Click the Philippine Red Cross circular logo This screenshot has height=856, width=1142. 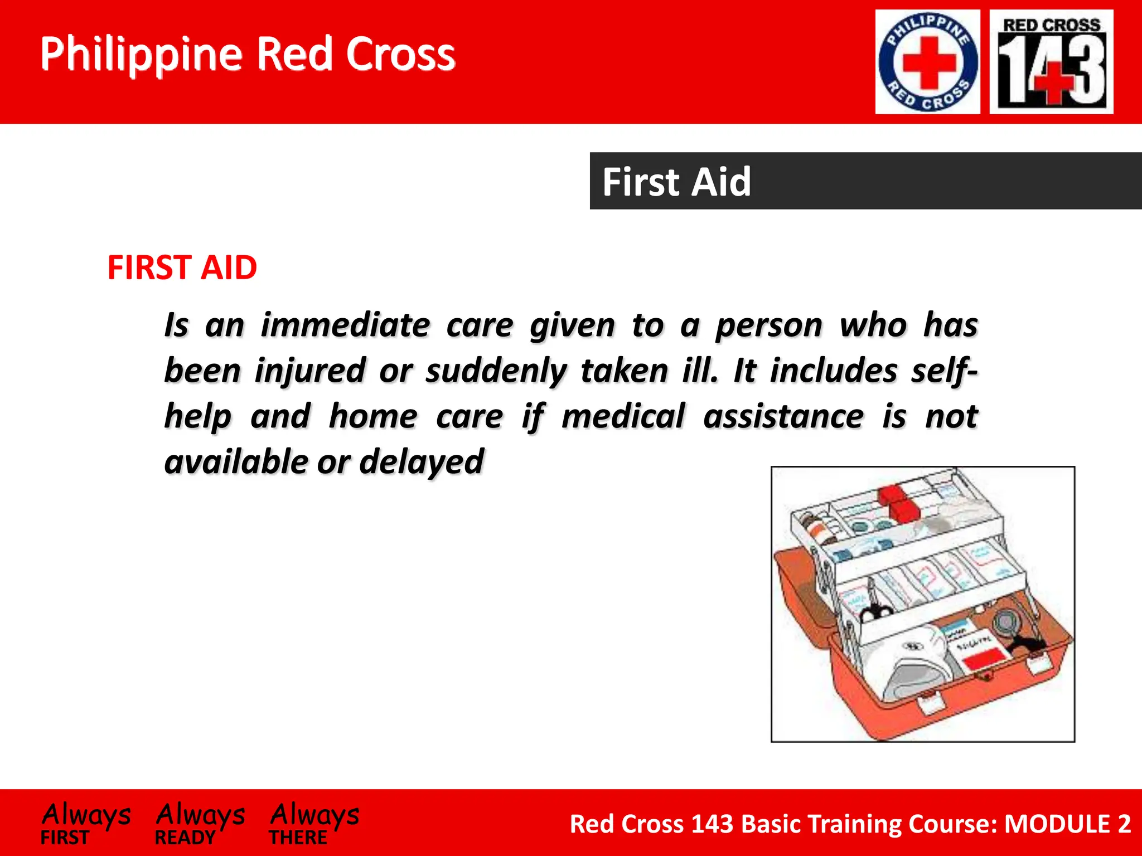(927, 62)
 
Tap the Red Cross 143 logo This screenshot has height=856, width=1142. (1051, 62)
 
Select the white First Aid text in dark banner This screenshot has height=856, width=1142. (676, 182)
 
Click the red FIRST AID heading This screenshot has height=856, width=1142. (182, 267)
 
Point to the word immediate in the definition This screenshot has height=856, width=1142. (345, 325)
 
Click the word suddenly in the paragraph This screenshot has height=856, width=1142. (496, 371)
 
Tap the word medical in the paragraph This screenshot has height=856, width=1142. (623, 417)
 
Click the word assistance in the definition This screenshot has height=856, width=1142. (783, 417)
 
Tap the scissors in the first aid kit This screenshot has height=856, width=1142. (875, 610)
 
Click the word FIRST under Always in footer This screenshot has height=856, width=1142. (65, 837)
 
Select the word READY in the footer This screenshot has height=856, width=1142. (185, 837)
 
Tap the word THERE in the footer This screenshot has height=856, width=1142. (298, 837)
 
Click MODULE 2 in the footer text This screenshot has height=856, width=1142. (1067, 824)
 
